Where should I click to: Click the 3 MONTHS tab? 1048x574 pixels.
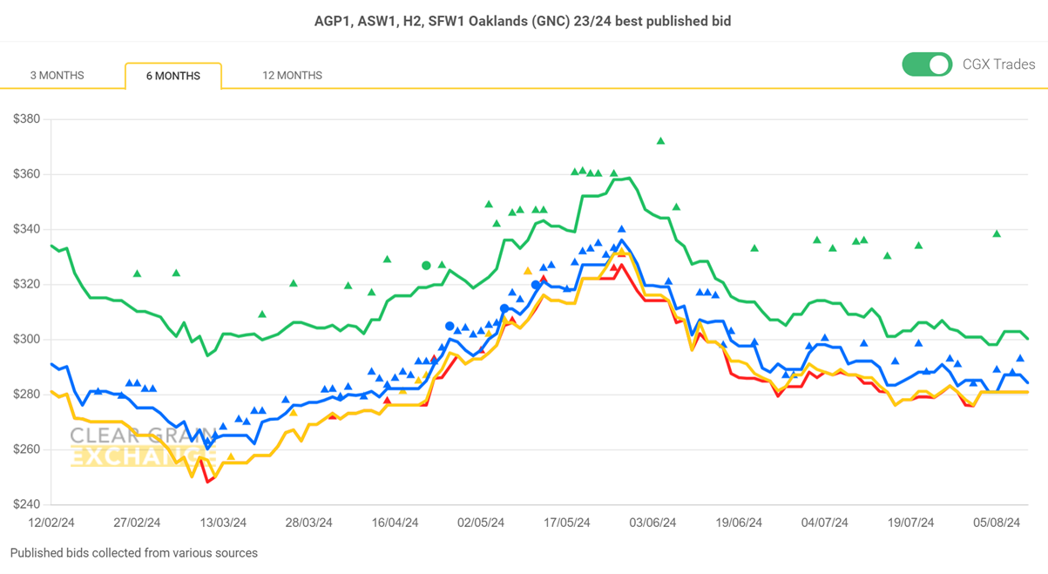(57, 76)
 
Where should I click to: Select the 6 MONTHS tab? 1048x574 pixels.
(172, 76)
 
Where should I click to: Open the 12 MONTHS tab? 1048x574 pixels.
(292, 76)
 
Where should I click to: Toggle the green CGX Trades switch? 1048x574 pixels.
(927, 64)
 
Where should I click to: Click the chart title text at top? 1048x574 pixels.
(523, 20)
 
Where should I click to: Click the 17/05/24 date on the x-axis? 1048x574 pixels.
(567, 523)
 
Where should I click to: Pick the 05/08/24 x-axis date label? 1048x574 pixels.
(997, 523)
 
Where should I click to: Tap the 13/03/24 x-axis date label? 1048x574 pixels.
(223, 523)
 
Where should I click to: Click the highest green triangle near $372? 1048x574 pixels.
(661, 141)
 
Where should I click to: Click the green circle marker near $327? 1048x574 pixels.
(426, 266)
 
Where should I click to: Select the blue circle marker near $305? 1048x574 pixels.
(450, 327)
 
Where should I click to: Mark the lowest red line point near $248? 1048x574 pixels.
(208, 481)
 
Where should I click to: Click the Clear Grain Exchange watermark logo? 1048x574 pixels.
(139, 446)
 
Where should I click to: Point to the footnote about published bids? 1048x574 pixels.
(134, 553)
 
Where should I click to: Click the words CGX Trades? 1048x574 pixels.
(998, 64)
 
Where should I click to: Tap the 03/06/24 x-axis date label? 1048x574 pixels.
(652, 523)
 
